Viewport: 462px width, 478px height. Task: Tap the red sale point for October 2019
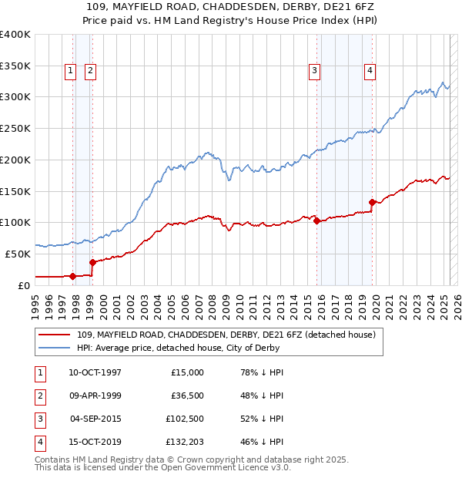(373, 202)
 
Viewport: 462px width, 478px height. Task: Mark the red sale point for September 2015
(317, 220)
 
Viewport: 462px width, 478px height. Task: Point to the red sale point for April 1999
(92, 262)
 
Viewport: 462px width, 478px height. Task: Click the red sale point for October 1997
(72, 276)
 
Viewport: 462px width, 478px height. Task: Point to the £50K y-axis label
(18, 254)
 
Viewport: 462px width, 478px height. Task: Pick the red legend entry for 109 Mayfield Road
(226, 335)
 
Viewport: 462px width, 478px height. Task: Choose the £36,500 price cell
(185, 396)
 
